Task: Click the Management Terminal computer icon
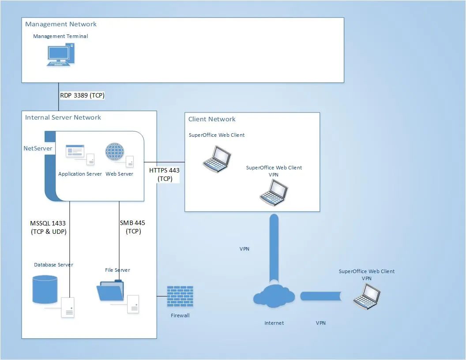58,55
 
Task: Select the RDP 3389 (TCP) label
82,95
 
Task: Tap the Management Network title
61,24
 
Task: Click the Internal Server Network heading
63,117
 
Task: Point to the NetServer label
38,148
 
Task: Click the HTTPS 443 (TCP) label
164,174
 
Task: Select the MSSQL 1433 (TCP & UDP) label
48,227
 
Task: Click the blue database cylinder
45,289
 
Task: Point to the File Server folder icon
110,291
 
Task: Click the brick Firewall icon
180,296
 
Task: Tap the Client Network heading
212,119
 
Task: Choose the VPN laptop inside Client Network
274,193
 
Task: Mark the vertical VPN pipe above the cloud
274,247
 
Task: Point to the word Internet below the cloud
274,323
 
